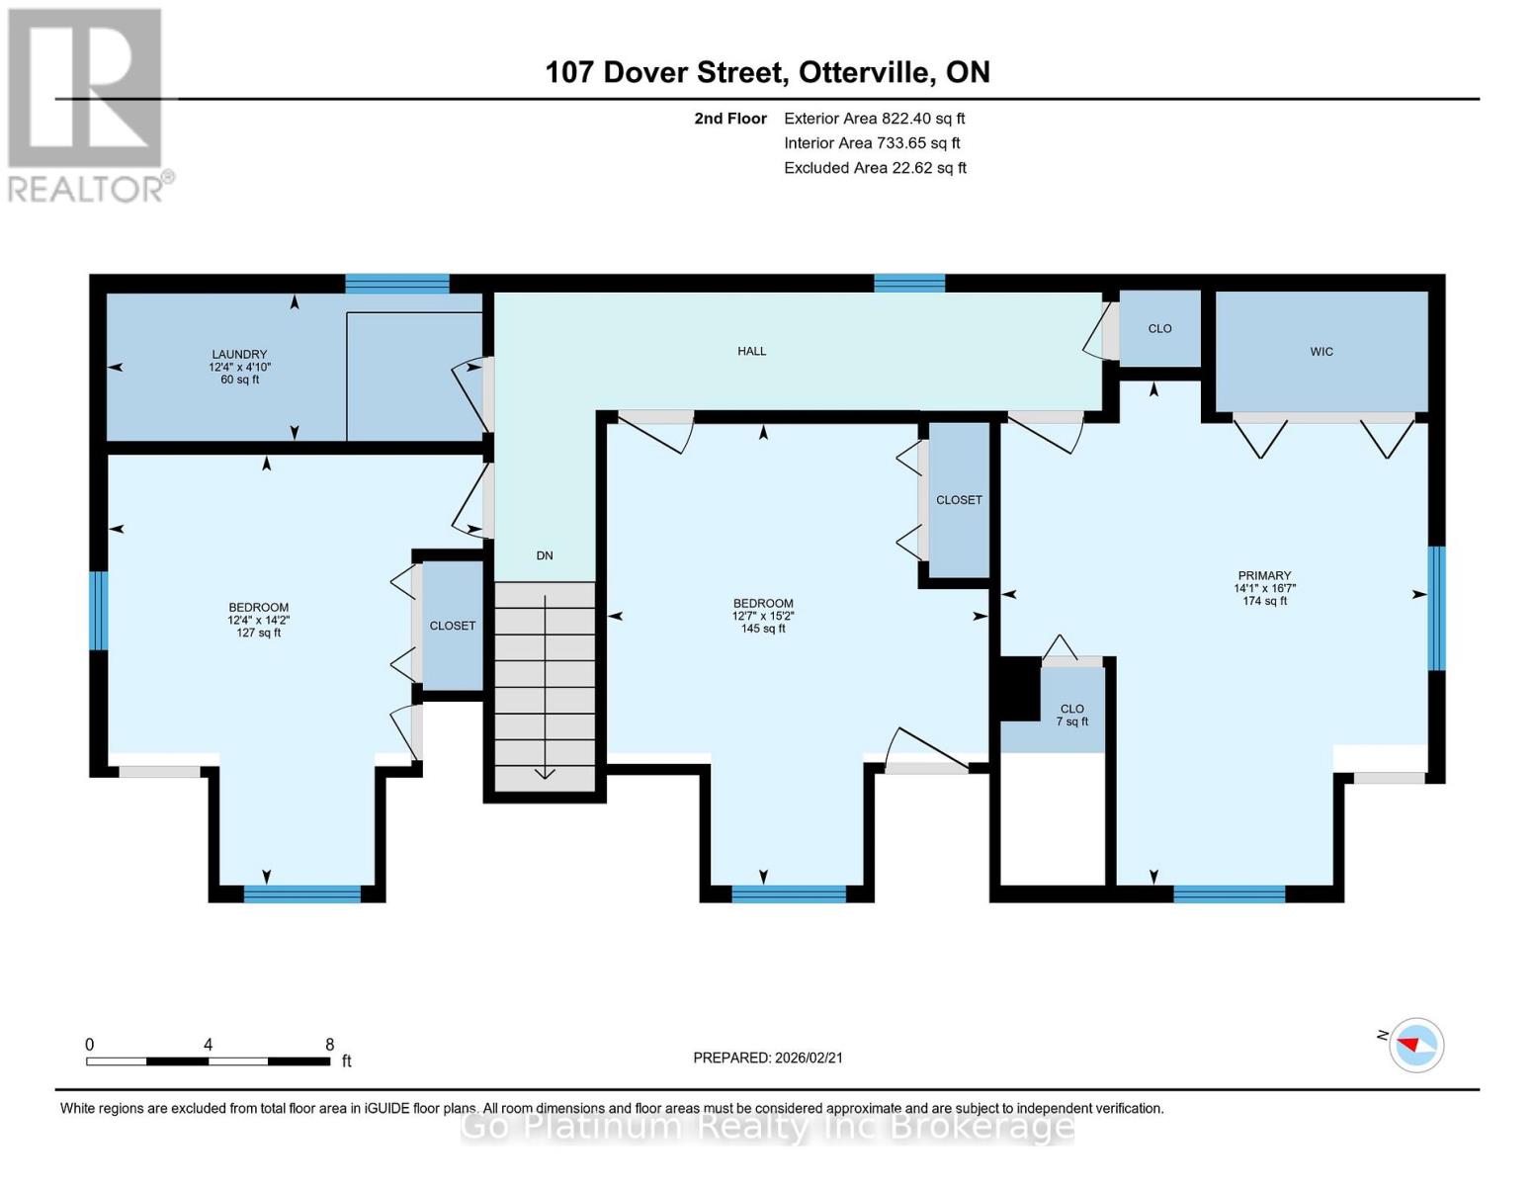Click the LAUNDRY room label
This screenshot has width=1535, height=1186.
pos(239,354)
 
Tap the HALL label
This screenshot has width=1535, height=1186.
pos(751,351)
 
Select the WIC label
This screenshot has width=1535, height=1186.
pos(1321,352)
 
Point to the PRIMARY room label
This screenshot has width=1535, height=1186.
pos(1264,575)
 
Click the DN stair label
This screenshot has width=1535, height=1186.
pos(544,555)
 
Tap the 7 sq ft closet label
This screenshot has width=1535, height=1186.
pos(1071,721)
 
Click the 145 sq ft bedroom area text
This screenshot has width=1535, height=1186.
pos(763,629)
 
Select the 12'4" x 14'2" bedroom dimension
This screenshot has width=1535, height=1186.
pos(259,621)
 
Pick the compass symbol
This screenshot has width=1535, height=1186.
pos(1415,1046)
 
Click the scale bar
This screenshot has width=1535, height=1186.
pos(209,1060)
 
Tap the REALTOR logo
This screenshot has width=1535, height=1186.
pos(88,106)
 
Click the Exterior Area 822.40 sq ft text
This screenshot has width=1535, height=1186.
pos(874,119)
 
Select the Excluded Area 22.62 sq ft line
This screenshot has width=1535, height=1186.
pos(875,168)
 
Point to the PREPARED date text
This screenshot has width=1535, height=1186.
pos(768,1059)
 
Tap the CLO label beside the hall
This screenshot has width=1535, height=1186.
pos(1160,329)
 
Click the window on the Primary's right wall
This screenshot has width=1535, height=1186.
pos(1437,608)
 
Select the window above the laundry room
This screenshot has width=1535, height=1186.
pos(397,284)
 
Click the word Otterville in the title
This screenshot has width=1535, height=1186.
pos(863,72)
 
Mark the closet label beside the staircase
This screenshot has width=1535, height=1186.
pos(452,626)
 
